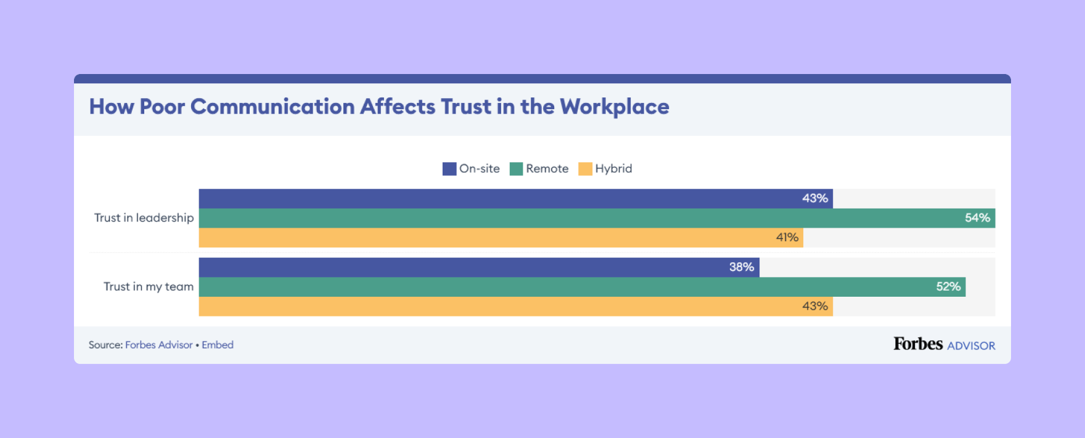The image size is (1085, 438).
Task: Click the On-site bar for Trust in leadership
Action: tap(515, 199)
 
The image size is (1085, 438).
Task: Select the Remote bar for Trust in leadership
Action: tap(597, 218)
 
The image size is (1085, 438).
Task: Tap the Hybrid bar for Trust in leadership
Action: tap(501, 238)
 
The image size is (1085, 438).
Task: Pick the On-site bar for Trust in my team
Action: tap(479, 267)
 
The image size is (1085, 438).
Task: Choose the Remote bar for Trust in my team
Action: tap(582, 287)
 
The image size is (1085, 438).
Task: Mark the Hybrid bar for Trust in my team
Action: tap(515, 307)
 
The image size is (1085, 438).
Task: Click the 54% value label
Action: tap(977, 218)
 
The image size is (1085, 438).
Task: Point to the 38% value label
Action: tap(742, 267)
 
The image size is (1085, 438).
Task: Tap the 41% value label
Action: tap(787, 238)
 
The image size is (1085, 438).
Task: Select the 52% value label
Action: tap(948, 287)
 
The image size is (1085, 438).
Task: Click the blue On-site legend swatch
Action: tap(449, 169)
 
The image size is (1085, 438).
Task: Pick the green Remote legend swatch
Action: tap(516, 169)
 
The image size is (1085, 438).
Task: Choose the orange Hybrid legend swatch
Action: tap(585, 169)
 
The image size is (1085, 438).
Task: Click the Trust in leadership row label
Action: tap(144, 218)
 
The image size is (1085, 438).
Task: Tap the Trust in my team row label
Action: tap(149, 287)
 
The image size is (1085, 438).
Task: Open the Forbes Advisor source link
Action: tap(159, 345)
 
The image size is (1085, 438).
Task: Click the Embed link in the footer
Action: tap(218, 345)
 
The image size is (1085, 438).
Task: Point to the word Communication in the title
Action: tap(272, 107)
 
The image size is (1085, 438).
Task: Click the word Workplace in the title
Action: tap(614, 107)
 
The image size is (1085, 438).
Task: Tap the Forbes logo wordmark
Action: tap(918, 344)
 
